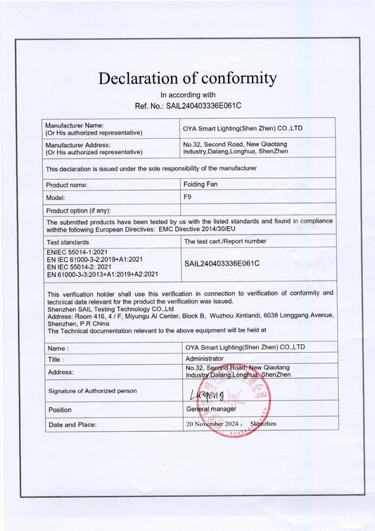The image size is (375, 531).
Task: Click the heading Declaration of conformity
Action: [187, 78]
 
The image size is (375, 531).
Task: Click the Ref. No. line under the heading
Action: [187, 106]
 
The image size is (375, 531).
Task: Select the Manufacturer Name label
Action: [75, 125]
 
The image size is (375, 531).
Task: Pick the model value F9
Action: [187, 197]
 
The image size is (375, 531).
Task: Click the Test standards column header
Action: [68, 242]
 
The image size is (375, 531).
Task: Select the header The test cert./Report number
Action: [225, 241]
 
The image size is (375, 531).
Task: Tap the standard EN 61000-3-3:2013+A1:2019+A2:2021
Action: [102, 274]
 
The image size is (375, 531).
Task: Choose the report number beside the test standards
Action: [222, 263]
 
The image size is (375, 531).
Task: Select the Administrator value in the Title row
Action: [208, 358]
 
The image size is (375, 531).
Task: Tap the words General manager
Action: [211, 408]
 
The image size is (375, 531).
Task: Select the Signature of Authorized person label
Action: [92, 390]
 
